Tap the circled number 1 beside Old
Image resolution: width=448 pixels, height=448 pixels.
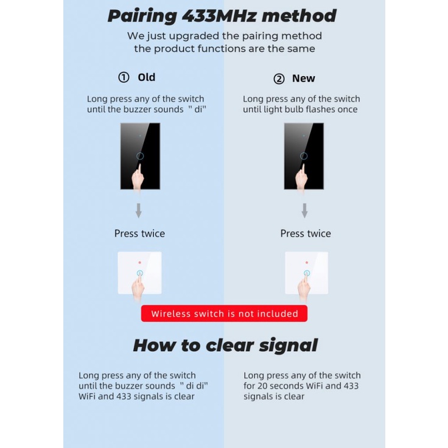point(124,77)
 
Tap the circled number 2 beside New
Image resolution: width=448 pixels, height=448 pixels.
point(279,79)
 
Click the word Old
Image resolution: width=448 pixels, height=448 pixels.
point(147,77)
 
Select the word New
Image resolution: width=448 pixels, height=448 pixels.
point(303,79)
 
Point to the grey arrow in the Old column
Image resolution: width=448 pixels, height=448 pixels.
point(139,211)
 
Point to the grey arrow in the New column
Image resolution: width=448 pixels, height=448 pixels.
point(304,211)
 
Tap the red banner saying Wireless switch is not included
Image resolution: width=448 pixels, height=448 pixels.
point(224,314)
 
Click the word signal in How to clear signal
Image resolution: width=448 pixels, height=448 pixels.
point(287,345)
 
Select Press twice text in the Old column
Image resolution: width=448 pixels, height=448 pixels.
point(139,233)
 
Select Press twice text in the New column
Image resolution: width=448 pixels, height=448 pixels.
point(306,233)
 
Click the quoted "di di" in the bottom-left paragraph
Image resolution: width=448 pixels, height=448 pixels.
point(189,386)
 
